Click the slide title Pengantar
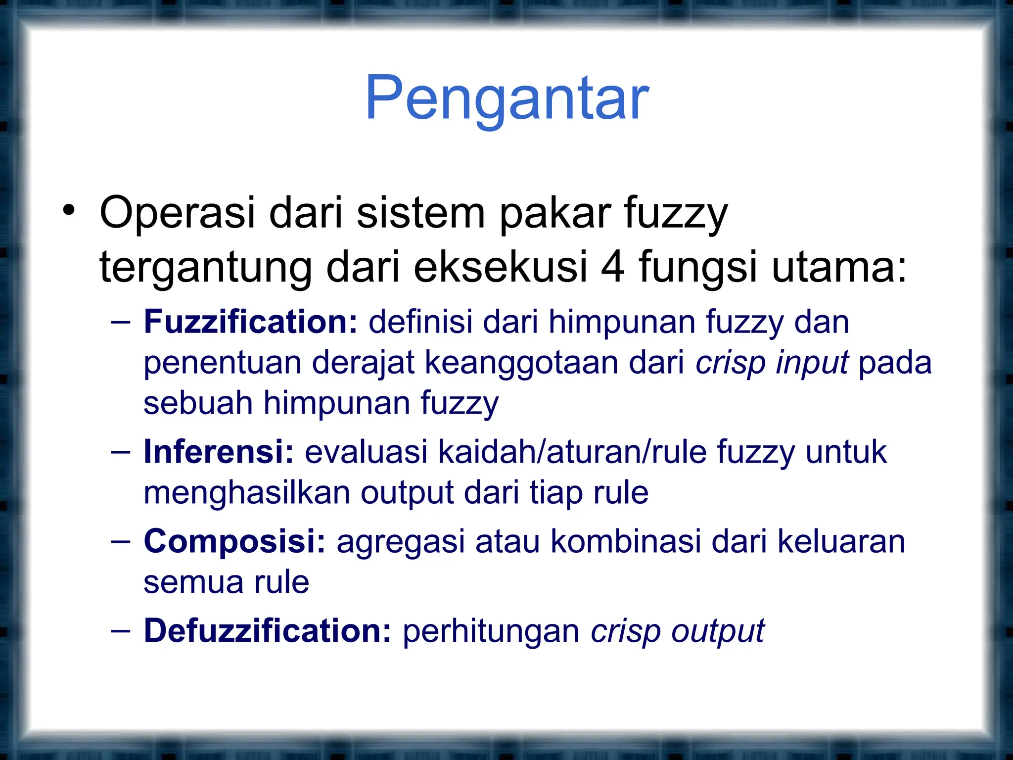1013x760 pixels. tap(506, 99)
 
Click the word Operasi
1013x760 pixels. tap(177, 213)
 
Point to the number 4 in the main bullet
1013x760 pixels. tap(612, 267)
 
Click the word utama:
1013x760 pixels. tap(839, 267)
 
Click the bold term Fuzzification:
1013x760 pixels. tap(250, 322)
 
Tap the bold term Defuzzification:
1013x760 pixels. tap(267, 631)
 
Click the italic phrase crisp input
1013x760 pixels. tap(772, 363)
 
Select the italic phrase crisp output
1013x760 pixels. tap(678, 632)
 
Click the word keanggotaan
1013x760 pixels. tap(521, 363)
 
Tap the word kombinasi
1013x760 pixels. tap(625, 541)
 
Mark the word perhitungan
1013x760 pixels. tap(491, 632)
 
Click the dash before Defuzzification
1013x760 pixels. tap(121, 631)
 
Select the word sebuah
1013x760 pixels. tap(198, 403)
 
